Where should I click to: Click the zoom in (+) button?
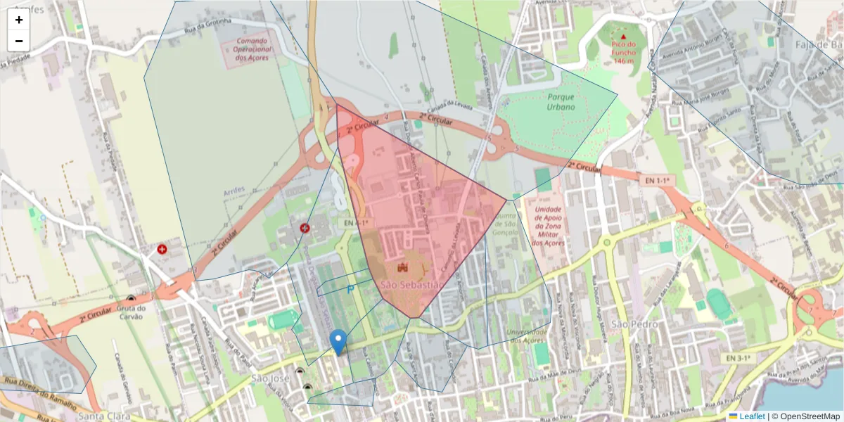click(19, 20)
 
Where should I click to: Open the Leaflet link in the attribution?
click(751, 416)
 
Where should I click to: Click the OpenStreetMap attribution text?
click(810, 416)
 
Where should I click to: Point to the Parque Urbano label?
click(561, 101)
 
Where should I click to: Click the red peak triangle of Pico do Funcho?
click(623, 35)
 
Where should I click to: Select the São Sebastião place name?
click(411, 285)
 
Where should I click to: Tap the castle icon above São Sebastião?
click(403, 268)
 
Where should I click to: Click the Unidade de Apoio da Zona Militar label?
click(548, 226)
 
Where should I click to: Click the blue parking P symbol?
click(350, 288)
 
